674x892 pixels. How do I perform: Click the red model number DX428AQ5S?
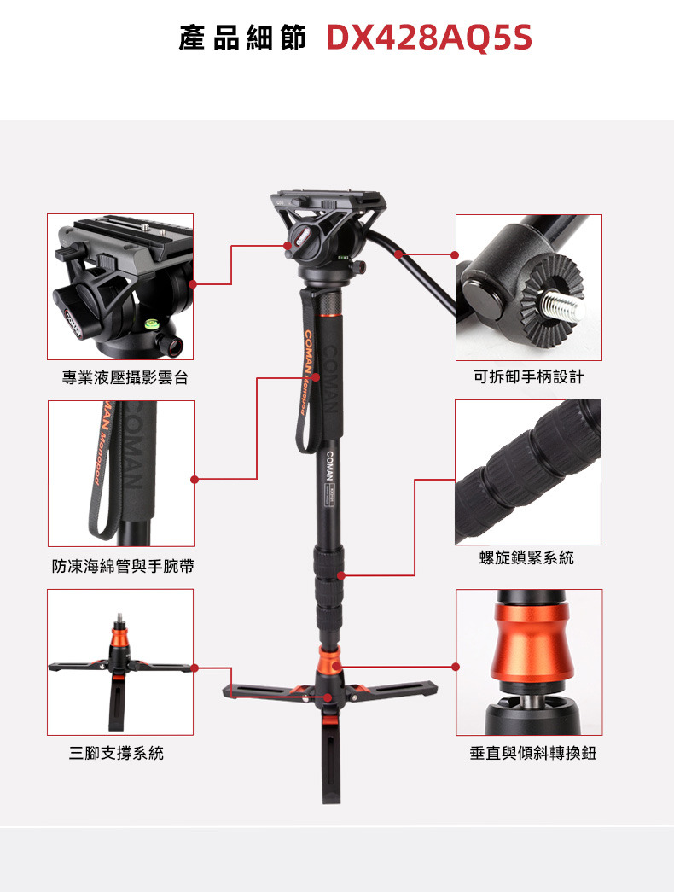click(429, 38)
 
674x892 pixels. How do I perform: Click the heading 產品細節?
click(243, 38)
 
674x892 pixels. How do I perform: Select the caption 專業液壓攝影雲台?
click(125, 377)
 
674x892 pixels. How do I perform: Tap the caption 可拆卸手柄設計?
click(528, 376)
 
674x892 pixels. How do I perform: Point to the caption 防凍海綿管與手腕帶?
click(123, 565)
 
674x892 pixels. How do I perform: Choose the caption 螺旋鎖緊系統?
click(526, 557)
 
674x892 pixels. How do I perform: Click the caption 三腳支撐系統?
click(116, 753)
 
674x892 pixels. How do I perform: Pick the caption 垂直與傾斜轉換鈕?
click(533, 753)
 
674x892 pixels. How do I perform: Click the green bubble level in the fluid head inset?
click(151, 325)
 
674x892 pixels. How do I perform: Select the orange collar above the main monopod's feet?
click(329, 658)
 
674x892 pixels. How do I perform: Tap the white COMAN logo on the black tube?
click(329, 466)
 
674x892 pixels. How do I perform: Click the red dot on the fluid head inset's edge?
click(193, 284)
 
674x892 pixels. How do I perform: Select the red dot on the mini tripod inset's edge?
click(195, 668)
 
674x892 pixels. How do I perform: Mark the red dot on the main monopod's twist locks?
click(340, 575)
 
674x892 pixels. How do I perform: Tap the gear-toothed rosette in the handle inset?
click(549, 299)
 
